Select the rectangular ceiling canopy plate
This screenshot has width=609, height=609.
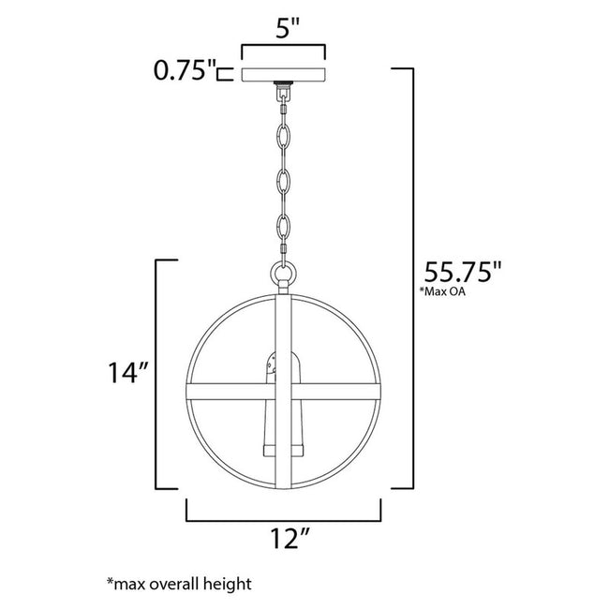(x=284, y=74)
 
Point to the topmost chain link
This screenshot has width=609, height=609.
(x=283, y=110)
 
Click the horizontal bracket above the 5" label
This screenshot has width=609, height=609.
(x=284, y=45)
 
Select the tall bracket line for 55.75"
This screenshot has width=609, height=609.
(x=409, y=280)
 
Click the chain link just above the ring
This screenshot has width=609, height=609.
(x=283, y=227)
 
